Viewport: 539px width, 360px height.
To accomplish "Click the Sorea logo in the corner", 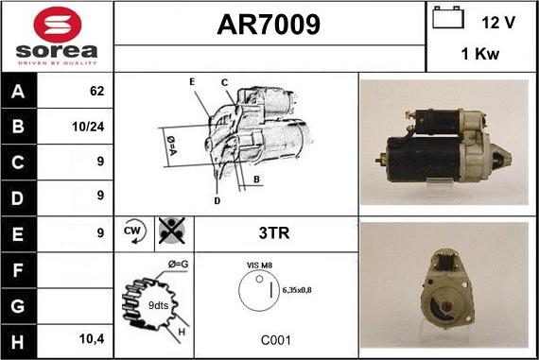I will click(57, 36).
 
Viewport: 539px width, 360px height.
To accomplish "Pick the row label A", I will click(18, 92).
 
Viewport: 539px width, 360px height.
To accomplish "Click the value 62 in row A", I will click(96, 92).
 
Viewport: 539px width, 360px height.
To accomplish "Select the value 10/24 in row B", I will click(88, 126).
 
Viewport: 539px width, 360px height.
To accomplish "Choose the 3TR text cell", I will click(274, 231).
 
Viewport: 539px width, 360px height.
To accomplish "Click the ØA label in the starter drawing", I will click(172, 145).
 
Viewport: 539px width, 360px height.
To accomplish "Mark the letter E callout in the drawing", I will click(192, 82).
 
